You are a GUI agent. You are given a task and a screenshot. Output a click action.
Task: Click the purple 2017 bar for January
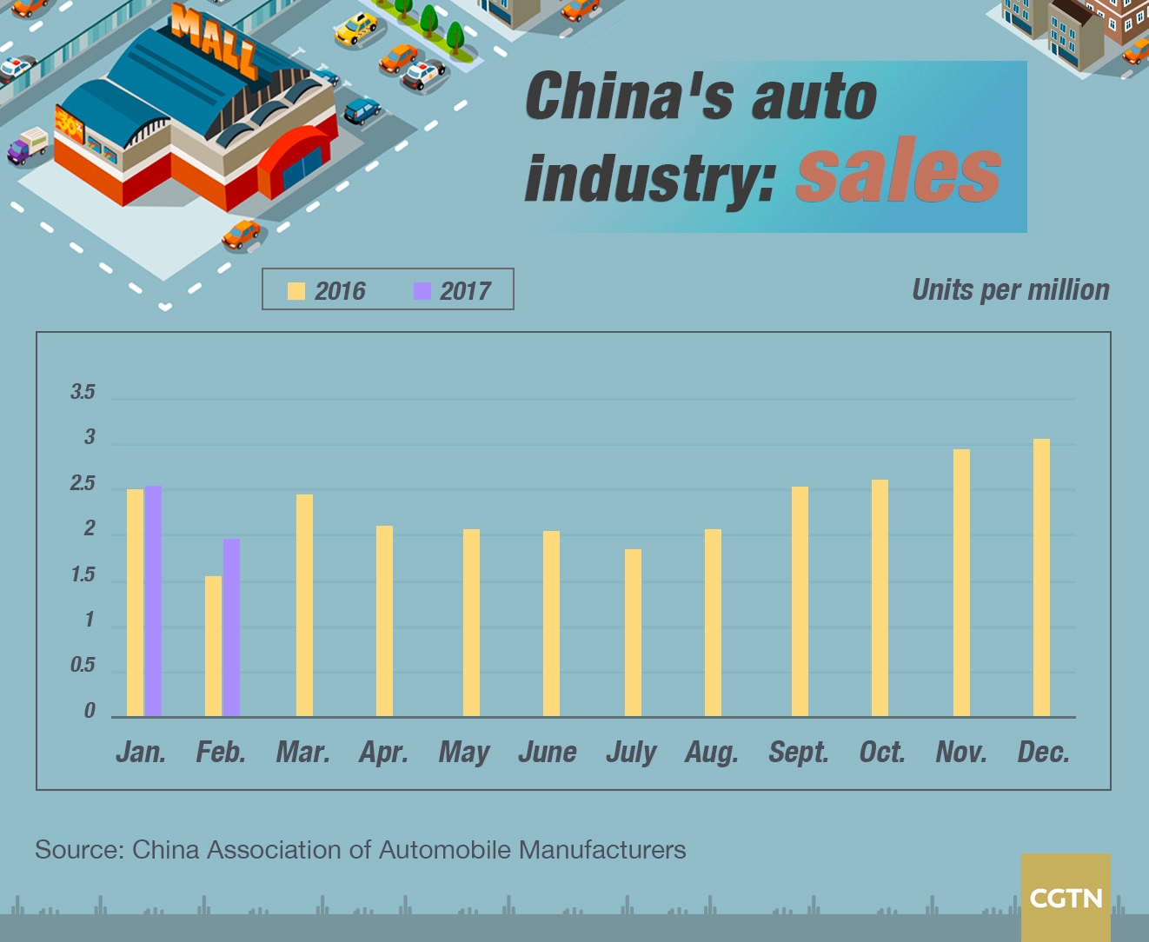pyautogui.click(x=153, y=601)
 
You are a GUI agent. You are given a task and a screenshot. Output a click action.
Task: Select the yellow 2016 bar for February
pyautogui.click(x=213, y=647)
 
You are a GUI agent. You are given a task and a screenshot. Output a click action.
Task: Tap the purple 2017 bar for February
pyautogui.click(x=231, y=627)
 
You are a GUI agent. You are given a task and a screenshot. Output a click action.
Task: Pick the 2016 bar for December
pyautogui.click(x=1041, y=578)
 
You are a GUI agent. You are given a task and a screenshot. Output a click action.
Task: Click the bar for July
pyautogui.click(x=633, y=633)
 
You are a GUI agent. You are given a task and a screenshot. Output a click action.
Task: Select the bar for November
pyautogui.click(x=961, y=583)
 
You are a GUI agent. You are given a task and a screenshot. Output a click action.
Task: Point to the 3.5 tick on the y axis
pyautogui.click(x=83, y=392)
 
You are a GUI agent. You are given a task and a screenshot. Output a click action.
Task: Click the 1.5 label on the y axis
pyautogui.click(x=83, y=575)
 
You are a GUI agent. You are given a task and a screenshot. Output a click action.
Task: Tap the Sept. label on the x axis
pyautogui.click(x=798, y=752)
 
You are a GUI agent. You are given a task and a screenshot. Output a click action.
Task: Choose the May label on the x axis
pyautogui.click(x=464, y=752)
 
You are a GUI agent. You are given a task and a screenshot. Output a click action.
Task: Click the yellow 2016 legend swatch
pyautogui.click(x=296, y=290)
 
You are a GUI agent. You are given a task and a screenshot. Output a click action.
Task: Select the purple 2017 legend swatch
pyautogui.click(x=422, y=290)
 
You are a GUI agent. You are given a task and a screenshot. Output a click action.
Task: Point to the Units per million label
pyautogui.click(x=1010, y=289)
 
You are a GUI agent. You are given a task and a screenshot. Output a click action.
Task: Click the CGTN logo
pyautogui.click(x=1066, y=897)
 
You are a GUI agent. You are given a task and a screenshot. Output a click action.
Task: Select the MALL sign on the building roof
pyautogui.click(x=214, y=40)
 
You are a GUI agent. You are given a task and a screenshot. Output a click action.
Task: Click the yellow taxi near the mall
pyautogui.click(x=356, y=29)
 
